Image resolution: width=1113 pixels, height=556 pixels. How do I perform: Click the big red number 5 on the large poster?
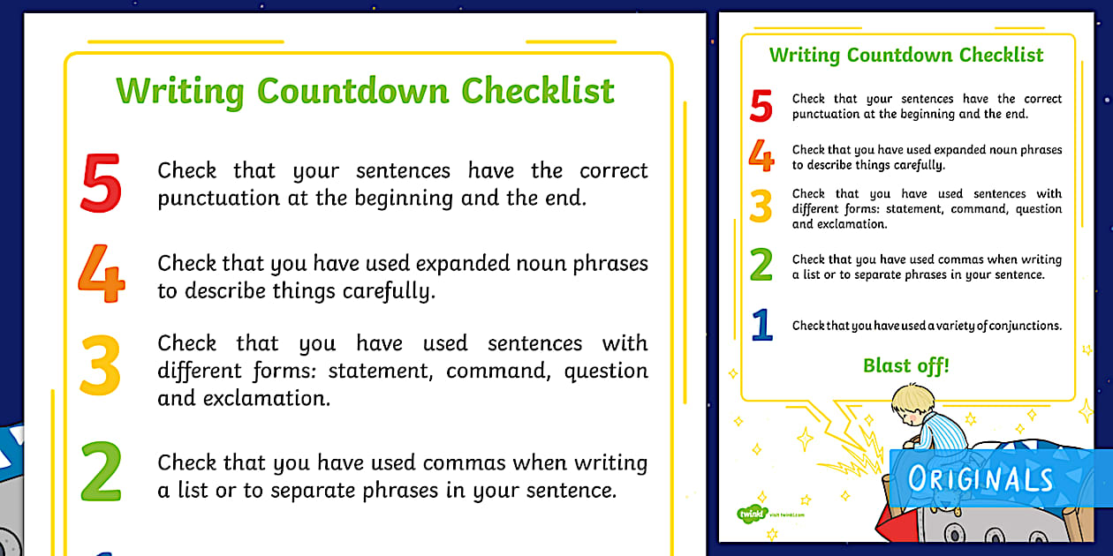pos(101,184)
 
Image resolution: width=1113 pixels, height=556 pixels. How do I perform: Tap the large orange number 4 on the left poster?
pos(101,274)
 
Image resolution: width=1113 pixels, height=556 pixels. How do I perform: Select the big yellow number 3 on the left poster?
pos(100,365)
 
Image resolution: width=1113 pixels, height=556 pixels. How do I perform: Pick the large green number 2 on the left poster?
pos(101,472)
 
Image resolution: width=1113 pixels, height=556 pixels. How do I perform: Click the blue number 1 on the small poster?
pos(761,325)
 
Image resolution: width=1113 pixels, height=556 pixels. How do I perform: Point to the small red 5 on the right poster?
pos(761,106)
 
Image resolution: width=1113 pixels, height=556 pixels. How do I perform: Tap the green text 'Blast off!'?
pos(905,365)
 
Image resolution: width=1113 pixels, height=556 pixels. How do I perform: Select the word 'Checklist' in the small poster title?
pos(1002,55)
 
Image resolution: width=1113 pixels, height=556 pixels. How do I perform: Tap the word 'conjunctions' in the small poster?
pos(1025,326)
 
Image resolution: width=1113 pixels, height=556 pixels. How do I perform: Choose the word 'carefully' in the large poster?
pos(386,291)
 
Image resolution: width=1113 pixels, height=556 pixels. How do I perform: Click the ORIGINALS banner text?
pos(980,479)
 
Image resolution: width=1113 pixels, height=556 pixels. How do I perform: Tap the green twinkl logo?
pos(751,513)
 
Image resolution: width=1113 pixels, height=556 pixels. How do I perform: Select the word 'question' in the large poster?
pos(606,371)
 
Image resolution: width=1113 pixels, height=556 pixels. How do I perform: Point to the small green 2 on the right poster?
pos(761,266)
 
